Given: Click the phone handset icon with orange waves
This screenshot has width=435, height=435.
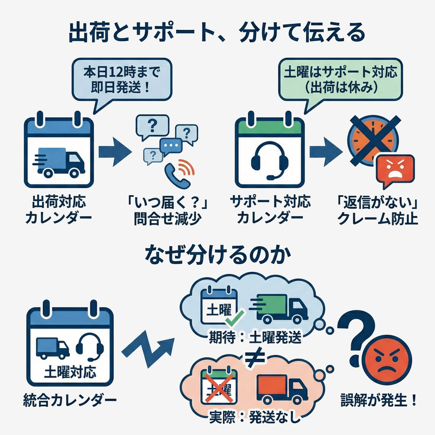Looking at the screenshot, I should point(178,173).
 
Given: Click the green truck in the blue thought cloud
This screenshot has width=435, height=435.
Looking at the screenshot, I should point(279,308).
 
